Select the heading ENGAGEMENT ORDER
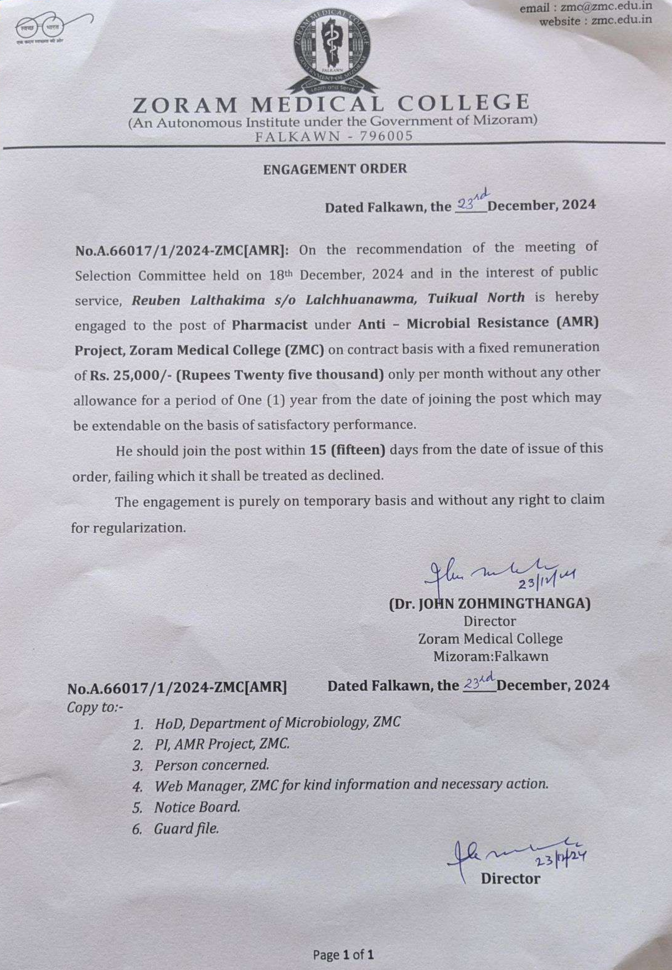[335, 169]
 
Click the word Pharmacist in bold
[269, 325]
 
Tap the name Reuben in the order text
[156, 300]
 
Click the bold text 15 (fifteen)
[347, 450]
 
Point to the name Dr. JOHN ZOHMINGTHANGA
[489, 603]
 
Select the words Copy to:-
[95, 707]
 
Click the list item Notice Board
[197, 807]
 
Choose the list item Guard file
[187, 829]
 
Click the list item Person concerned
[211, 765]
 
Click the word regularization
[139, 528]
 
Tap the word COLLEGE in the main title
[463, 102]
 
